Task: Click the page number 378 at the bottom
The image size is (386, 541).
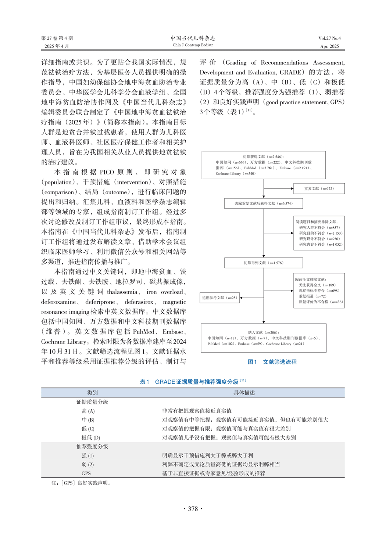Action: point(193,509)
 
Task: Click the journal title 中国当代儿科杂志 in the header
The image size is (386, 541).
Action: point(193,38)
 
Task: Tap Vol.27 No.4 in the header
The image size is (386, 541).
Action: point(329,38)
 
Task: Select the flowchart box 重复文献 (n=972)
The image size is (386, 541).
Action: point(319,188)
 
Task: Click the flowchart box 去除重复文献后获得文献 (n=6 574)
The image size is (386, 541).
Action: point(264,203)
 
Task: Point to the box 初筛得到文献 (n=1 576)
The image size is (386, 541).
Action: point(264,263)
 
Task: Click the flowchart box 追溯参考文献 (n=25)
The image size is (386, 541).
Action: point(220,297)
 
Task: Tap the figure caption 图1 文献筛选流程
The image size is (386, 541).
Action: point(272,362)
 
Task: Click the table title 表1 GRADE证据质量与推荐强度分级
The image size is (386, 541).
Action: point(193,382)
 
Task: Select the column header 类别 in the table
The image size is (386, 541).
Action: point(92,393)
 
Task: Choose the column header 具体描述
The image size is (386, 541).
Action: point(244,393)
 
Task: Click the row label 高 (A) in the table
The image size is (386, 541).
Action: point(88,411)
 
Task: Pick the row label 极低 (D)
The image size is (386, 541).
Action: point(90,437)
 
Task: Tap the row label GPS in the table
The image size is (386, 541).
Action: point(86,473)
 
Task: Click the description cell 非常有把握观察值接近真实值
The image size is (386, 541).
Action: point(197,411)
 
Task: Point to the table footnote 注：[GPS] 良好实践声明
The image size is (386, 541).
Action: point(81,483)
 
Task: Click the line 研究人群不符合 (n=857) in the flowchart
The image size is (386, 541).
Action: point(319,227)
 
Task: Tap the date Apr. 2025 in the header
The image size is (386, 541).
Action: point(329,46)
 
